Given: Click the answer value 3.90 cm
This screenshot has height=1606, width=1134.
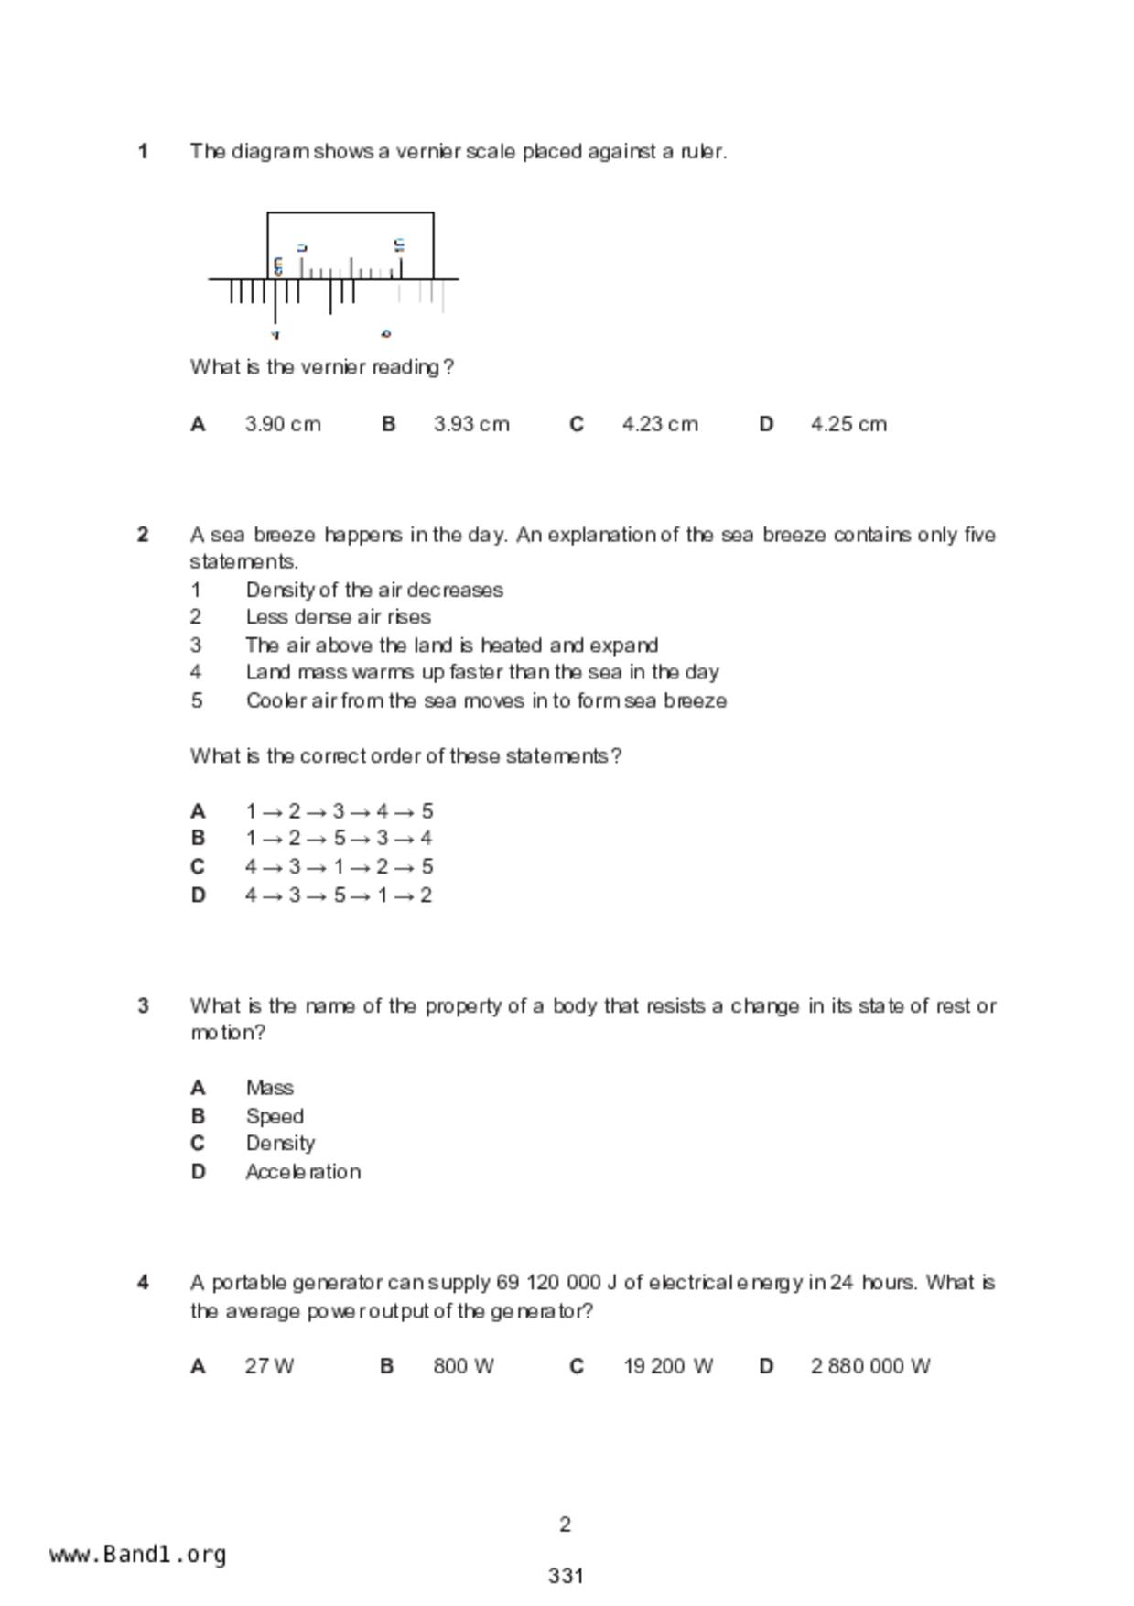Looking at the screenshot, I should point(283,425).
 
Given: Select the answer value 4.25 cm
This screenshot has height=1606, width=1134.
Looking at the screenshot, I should point(848,425).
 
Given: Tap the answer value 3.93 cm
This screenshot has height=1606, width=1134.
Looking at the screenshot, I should point(471,425).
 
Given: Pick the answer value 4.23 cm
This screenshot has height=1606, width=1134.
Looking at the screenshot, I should point(660,425).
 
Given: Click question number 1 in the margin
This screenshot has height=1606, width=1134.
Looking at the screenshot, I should point(144,152).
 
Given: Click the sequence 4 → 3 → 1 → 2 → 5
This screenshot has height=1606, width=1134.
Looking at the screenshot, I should point(339,866).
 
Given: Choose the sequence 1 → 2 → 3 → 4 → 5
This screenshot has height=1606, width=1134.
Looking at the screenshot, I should point(339,811).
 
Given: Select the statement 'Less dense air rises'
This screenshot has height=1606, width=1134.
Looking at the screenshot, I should point(338,617).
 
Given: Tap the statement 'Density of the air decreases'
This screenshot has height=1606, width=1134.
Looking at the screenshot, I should point(374,590).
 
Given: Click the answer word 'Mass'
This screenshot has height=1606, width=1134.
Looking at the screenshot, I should point(269,1089).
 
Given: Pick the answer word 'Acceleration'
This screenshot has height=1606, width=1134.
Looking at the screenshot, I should point(303,1172).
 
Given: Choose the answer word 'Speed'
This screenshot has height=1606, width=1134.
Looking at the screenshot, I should point(275,1117).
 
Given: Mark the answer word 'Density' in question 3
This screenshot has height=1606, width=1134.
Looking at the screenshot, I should point(280,1144).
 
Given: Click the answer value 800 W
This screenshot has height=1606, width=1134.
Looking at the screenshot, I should point(463,1367).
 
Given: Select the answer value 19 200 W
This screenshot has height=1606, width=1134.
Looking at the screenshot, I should point(668,1367).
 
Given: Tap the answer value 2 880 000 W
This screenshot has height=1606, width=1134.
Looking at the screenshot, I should point(870,1367).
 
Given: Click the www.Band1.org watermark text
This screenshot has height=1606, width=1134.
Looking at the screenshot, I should point(138,1555).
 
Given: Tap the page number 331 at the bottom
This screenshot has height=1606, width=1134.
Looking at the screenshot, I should point(566,1576).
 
